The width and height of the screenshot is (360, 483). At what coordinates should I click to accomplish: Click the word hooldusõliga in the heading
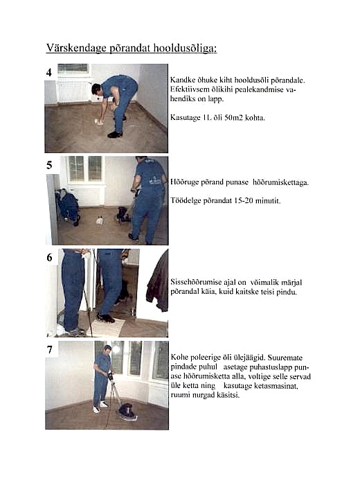(x=186, y=49)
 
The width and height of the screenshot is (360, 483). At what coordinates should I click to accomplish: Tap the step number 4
(x=49, y=72)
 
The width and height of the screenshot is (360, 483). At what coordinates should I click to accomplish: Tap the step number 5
(x=49, y=166)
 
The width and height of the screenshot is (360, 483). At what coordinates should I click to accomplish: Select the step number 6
(x=49, y=257)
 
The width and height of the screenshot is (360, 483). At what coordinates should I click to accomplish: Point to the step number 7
(x=49, y=350)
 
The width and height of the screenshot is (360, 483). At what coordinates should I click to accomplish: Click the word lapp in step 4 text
(x=217, y=100)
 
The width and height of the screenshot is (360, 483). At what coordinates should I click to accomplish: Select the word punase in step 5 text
(x=237, y=182)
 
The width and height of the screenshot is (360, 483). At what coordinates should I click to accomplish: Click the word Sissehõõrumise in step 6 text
(x=197, y=282)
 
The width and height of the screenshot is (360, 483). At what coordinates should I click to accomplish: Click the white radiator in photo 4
(x=73, y=92)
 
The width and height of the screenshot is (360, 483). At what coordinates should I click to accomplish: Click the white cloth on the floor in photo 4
(x=100, y=123)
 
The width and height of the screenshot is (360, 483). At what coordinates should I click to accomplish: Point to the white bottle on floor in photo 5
(x=100, y=220)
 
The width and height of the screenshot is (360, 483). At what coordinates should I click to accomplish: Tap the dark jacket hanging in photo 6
(x=158, y=282)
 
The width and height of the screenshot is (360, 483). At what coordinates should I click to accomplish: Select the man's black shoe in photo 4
(x=115, y=134)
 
